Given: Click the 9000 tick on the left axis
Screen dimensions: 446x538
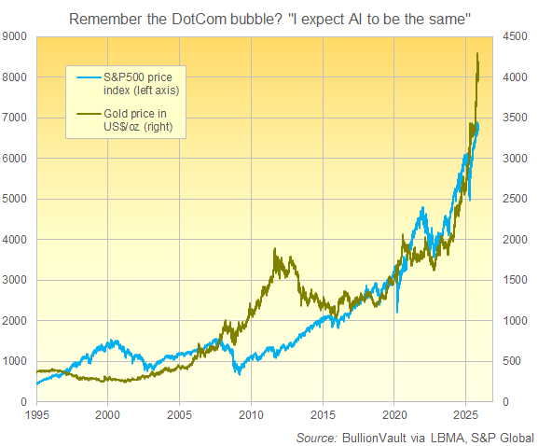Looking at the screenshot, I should pyautogui.click(x=17, y=36).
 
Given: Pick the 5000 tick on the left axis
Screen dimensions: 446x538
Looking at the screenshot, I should pyautogui.click(x=17, y=199).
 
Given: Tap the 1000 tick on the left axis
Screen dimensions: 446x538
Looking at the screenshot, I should pyautogui.click(x=17, y=361).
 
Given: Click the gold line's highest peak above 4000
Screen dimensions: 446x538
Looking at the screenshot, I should pyautogui.click(x=477, y=54).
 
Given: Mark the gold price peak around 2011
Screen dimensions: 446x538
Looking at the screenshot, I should pyautogui.click(x=274, y=250).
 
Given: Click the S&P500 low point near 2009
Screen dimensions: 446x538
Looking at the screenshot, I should pyautogui.click(x=239, y=373).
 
